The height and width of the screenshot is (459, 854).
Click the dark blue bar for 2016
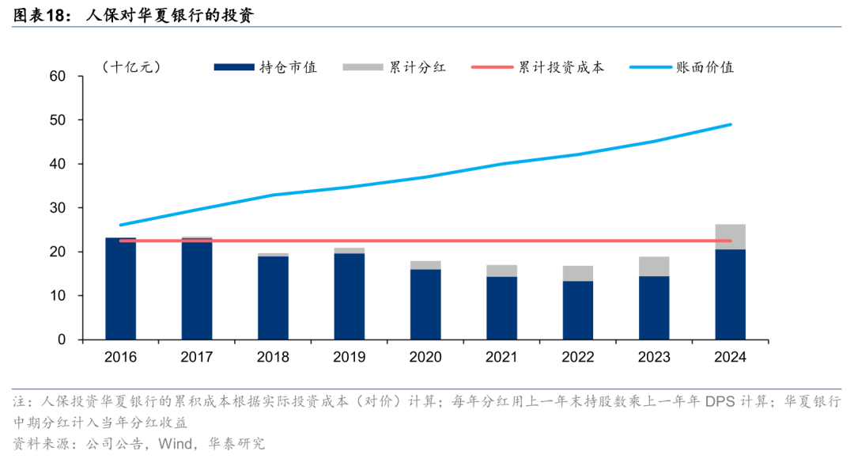pyautogui.click(x=120, y=289)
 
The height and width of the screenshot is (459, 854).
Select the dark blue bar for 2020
pyautogui.click(x=425, y=305)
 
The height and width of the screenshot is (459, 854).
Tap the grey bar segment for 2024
pyautogui.click(x=730, y=237)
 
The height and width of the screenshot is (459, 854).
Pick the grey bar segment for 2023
pyautogui.click(x=654, y=266)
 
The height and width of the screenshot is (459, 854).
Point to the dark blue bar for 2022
pyautogui.click(x=577, y=310)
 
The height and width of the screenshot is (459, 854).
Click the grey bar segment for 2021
pyautogui.click(x=501, y=271)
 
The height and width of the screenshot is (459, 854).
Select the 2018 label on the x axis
pyautogui.click(x=273, y=357)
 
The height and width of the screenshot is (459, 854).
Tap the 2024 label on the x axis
pyautogui.click(x=730, y=357)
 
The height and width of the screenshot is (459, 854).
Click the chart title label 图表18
pyautogui.click(x=41, y=15)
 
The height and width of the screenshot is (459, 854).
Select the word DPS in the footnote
pyautogui.click(x=718, y=402)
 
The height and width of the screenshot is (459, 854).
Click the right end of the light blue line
pyautogui.click(x=731, y=124)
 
